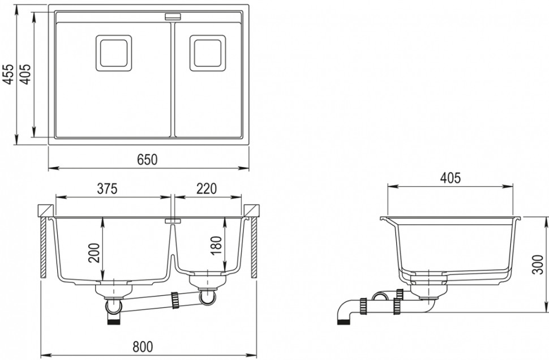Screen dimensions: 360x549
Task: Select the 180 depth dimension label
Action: coord(216,245)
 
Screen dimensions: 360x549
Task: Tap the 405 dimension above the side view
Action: coord(450,178)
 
